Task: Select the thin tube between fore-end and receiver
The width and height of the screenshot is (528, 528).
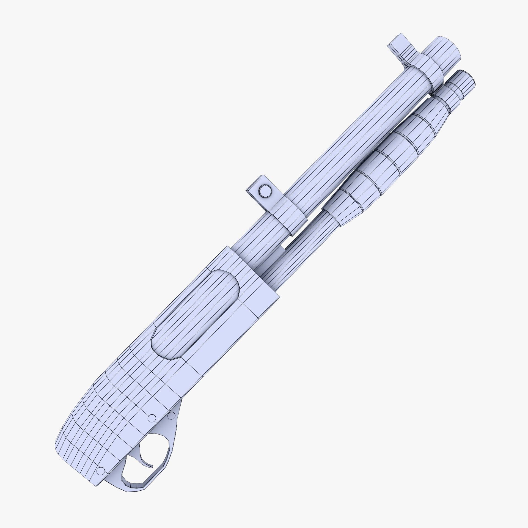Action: click(302, 242)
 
